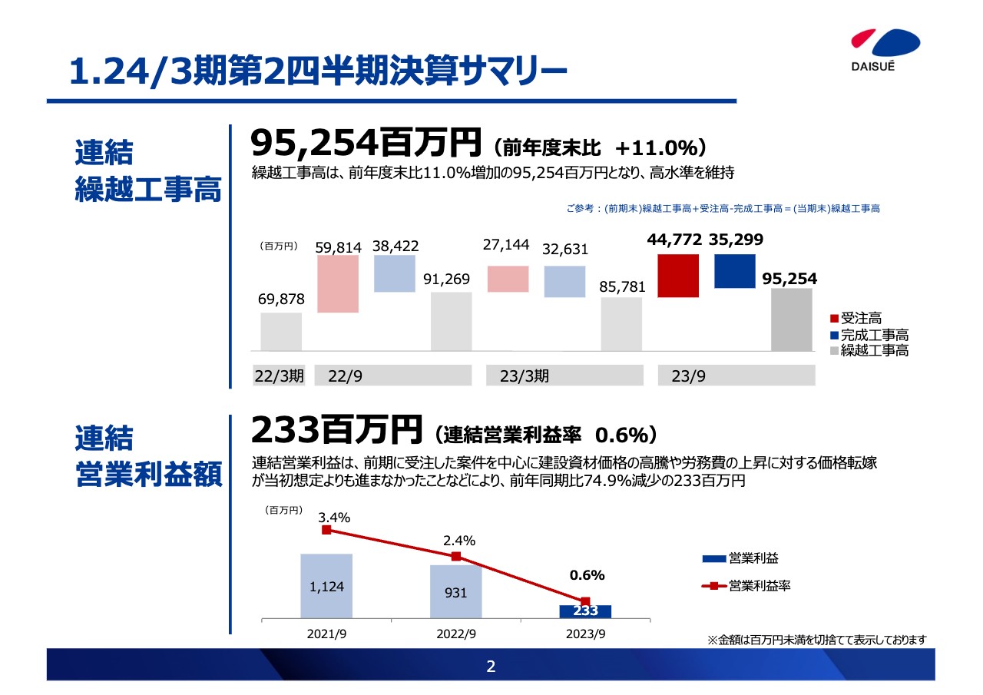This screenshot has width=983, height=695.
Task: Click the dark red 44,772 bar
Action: click(x=678, y=275)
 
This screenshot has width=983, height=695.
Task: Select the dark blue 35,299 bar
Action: click(x=734, y=270)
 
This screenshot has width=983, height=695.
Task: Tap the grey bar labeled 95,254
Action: click(x=791, y=319)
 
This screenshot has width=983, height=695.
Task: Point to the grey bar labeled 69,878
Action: click(x=281, y=331)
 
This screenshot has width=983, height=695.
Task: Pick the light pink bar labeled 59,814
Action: click(x=338, y=283)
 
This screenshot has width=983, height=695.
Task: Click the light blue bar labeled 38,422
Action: click(x=394, y=273)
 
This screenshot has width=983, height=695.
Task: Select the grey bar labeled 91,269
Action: click(x=451, y=321)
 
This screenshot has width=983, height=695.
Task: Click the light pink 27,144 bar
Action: click(x=508, y=279)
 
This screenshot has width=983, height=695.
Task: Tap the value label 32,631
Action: click(x=565, y=249)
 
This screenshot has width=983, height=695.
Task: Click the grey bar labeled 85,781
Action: click(x=621, y=323)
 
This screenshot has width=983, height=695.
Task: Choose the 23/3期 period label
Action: click(x=525, y=376)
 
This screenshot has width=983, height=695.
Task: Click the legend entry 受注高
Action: click(x=860, y=318)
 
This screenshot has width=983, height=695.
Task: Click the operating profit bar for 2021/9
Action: click(x=326, y=585)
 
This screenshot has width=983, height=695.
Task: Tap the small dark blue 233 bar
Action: click(x=585, y=611)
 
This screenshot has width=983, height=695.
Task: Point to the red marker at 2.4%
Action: click(x=456, y=557)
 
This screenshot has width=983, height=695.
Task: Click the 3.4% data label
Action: click(x=334, y=518)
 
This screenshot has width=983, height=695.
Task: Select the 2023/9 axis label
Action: click(x=585, y=634)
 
